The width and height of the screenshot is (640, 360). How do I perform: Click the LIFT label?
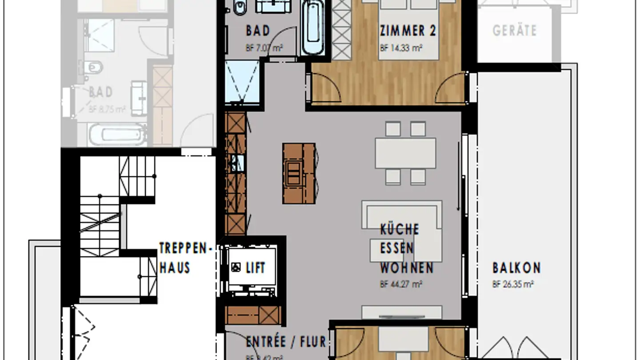coord(256,268)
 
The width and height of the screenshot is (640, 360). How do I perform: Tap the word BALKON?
coord(516,268)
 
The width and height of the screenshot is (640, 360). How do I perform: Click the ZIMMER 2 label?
coord(408,31)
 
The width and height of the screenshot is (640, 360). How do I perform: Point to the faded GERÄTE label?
coord(514,31)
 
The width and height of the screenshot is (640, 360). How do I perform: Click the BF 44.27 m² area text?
coord(400,284)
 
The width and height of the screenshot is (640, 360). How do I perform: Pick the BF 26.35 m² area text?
coord(513,284)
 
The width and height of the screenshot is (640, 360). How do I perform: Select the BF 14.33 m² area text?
coord(400,48)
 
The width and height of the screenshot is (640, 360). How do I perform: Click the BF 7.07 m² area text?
coord(264,48)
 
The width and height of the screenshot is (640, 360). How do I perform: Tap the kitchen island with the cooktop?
coord(300,173)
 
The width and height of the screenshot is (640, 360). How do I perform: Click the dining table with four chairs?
coord(405,153)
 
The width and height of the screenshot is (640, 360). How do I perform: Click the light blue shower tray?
coord(242,83)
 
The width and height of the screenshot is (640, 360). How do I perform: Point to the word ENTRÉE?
coord(266,342)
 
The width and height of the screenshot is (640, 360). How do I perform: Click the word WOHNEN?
coord(406,268)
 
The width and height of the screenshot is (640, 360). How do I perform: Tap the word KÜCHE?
coord(399,229)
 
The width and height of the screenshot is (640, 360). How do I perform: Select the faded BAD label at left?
coord(100,92)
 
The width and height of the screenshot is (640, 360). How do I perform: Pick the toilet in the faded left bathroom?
coord(95,68)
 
